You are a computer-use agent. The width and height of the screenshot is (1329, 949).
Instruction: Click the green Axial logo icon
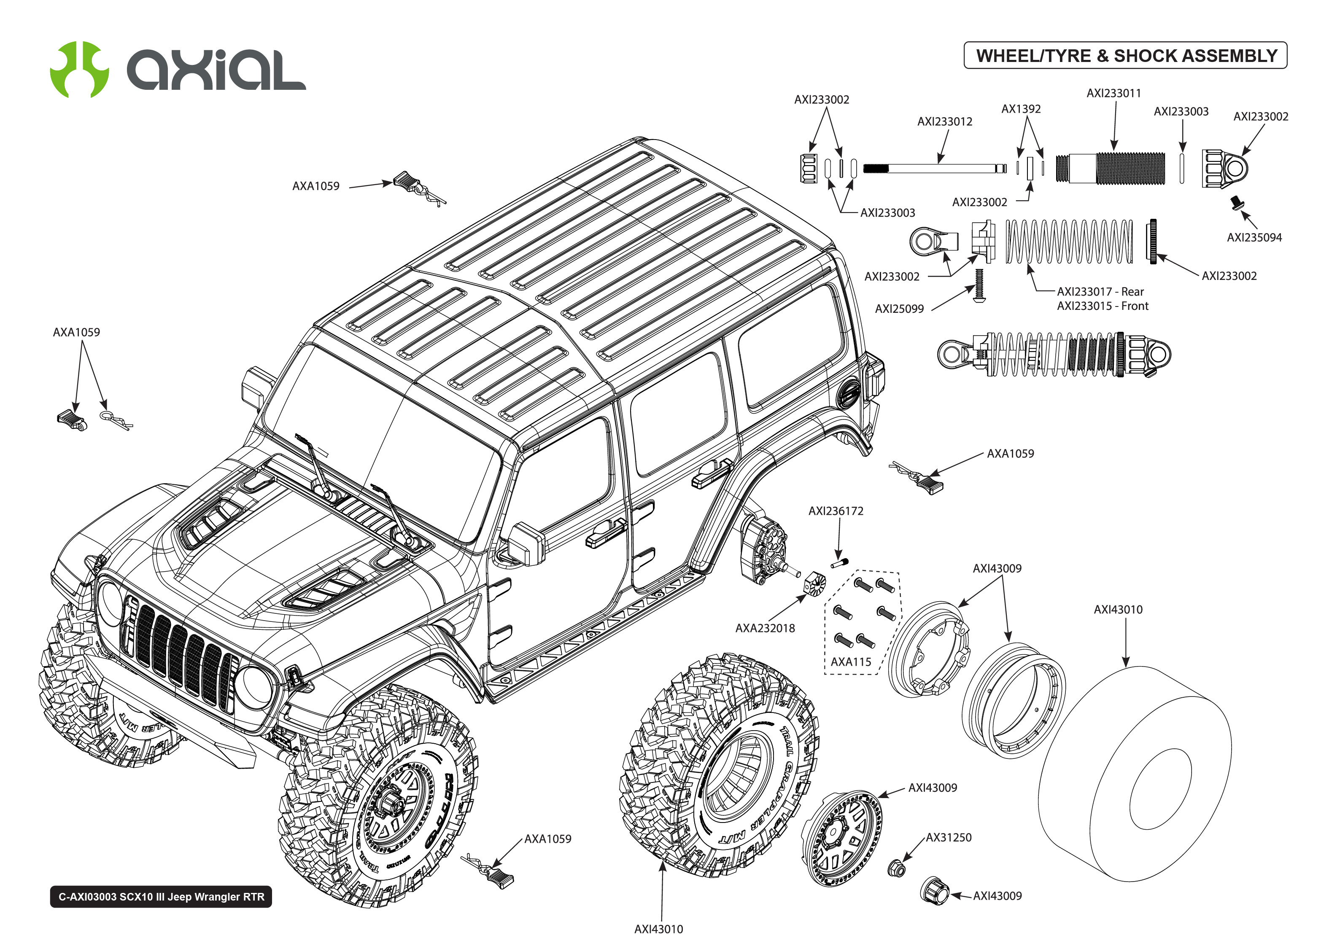[79, 70]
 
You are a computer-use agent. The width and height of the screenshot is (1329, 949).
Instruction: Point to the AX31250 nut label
[948, 837]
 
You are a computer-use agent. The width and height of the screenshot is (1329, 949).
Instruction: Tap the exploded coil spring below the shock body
[1068, 241]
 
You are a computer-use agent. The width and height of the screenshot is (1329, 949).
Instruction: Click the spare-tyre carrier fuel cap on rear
[848, 395]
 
